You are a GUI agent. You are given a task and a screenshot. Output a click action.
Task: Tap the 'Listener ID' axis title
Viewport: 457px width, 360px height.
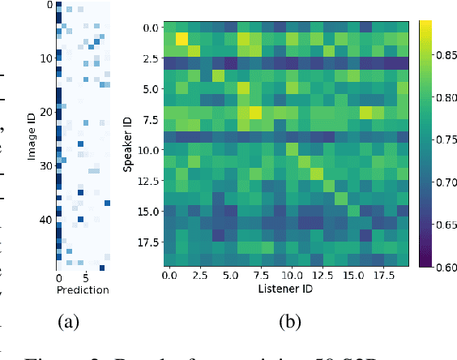[x=286, y=289]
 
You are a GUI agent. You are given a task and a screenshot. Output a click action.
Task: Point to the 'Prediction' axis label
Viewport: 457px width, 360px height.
[x=83, y=289]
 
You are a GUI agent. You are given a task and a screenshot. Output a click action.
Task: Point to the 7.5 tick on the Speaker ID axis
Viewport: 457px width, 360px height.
[x=150, y=119]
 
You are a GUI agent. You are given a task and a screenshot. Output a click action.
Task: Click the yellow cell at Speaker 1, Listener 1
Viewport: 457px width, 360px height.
[x=182, y=39]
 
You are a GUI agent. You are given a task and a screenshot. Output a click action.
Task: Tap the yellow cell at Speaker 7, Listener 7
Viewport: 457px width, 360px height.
[x=255, y=113]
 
